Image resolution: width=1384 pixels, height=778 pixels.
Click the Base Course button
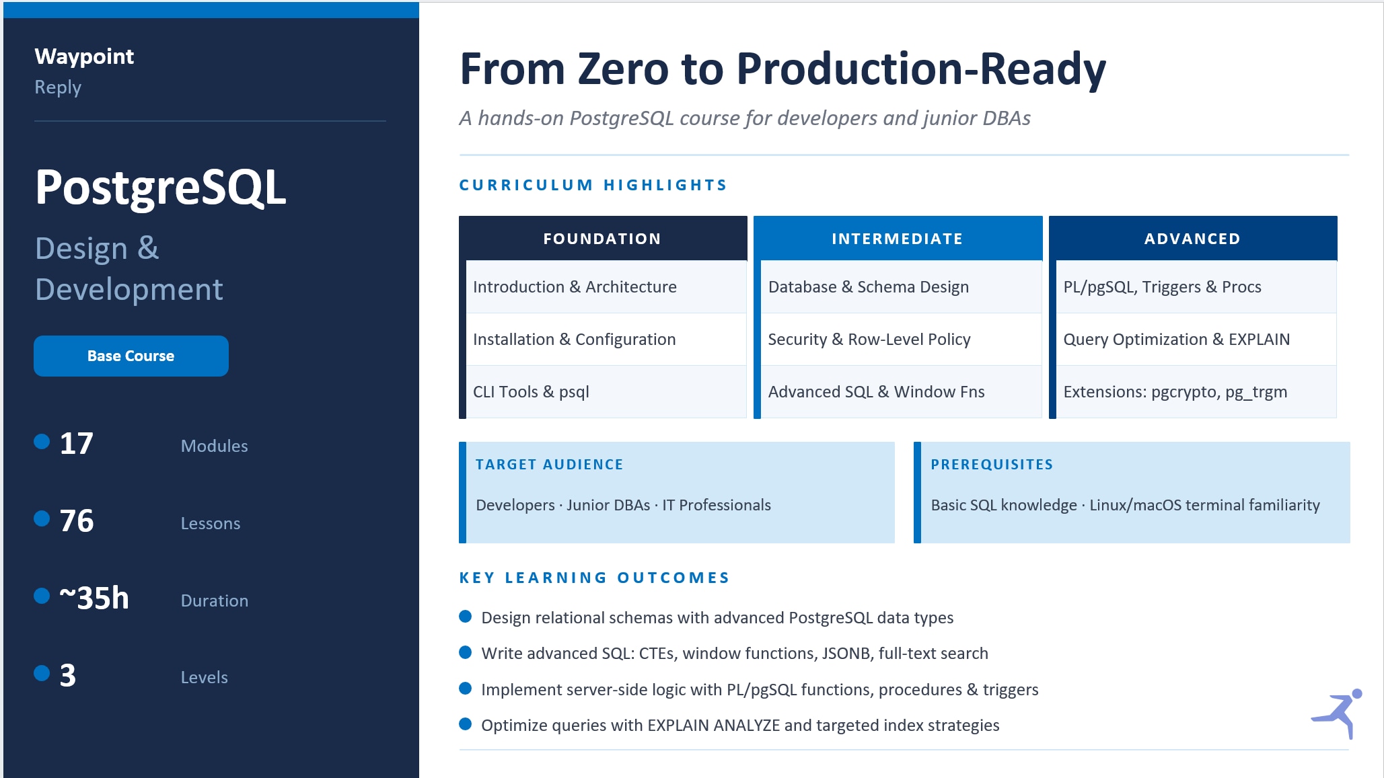tap(131, 356)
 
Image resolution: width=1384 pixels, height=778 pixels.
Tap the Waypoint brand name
tap(84, 56)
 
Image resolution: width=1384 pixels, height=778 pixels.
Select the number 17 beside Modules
tap(77, 444)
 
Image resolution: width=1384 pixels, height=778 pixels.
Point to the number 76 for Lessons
tap(77, 521)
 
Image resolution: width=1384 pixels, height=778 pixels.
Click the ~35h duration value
tap(94, 598)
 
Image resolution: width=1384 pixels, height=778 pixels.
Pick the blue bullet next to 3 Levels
tap(42, 673)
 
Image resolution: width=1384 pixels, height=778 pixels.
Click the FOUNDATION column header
tap(602, 239)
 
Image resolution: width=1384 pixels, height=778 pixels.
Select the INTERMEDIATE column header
tap(898, 239)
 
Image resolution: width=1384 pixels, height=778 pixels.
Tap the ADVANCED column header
tap(1192, 239)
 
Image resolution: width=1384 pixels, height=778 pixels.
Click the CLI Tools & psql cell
tap(606, 392)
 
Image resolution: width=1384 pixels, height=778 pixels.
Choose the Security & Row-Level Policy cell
tap(902, 340)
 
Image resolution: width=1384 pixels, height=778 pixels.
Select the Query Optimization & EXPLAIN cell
tap(1196, 340)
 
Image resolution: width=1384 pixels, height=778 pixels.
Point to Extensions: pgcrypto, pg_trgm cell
tap(1196, 392)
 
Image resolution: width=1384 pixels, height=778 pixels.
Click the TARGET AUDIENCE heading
tap(549, 465)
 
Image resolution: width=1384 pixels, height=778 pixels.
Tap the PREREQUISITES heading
tap(992, 465)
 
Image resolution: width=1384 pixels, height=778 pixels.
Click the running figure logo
tap(1337, 713)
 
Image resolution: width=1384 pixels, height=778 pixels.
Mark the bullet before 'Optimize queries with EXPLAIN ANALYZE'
tap(465, 724)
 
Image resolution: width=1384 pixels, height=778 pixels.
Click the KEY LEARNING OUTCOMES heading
tap(594, 578)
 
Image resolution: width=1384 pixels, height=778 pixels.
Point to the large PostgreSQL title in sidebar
tap(161, 188)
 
